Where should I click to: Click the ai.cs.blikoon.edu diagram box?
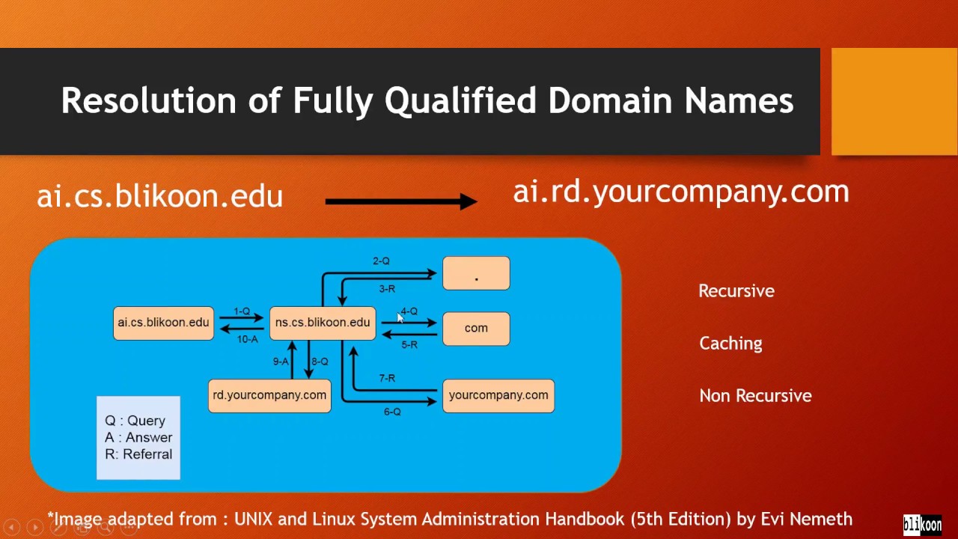pos(163,323)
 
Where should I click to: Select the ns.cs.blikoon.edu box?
pos(323,323)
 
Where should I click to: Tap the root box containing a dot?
pos(476,273)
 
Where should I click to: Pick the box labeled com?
pos(476,328)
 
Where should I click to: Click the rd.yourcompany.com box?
pos(269,395)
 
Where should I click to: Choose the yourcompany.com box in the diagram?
pos(498,395)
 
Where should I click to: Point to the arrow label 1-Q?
pos(242,311)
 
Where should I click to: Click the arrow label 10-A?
pos(247,339)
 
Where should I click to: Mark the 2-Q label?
pos(381,261)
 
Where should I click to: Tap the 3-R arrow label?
pos(387,289)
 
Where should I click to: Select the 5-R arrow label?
pos(409,345)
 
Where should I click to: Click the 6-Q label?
pos(392,412)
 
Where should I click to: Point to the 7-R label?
pos(387,379)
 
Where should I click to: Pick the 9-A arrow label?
pos(281,362)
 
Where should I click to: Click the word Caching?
pos(730,344)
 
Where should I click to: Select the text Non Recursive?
pos(755,396)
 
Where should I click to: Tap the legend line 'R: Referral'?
pos(138,454)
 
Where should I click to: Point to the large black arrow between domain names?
pos(401,201)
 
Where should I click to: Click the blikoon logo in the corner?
pos(922,524)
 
